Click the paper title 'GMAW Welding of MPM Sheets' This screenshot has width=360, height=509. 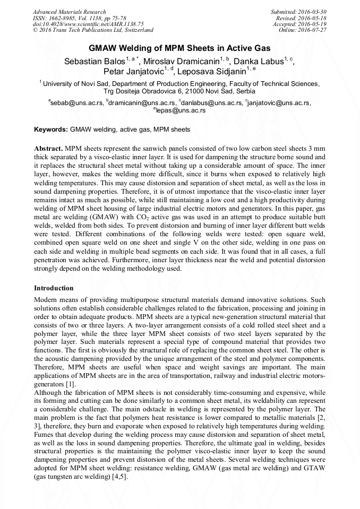coord(180,48)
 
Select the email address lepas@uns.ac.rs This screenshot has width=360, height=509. coord(181,110)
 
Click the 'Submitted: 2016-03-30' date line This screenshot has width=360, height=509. coord(298,12)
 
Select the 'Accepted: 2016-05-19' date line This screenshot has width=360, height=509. coord(300,24)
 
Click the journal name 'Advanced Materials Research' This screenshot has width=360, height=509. coord(69,12)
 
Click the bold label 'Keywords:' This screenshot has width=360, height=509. coord(51,130)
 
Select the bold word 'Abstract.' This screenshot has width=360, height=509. coord(49,149)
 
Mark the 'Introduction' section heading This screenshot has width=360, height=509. coord(54,288)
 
